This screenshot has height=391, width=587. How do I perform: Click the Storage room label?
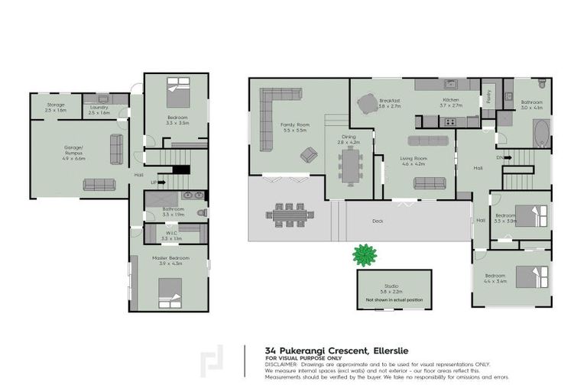(x=56, y=105)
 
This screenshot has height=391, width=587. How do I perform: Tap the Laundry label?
(x=99, y=108)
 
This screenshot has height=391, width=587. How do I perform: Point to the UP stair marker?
(x=154, y=183)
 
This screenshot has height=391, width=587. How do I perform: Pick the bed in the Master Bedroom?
(x=170, y=290)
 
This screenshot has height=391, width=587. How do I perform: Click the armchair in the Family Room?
(x=309, y=156)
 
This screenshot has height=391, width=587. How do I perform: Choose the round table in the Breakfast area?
(x=368, y=102)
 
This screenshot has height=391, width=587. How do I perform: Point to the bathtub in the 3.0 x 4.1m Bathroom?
(x=540, y=135)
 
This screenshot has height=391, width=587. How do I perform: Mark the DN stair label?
(x=500, y=157)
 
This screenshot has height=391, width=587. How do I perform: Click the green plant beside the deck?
(x=365, y=254)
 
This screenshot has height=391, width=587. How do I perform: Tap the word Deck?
(x=377, y=221)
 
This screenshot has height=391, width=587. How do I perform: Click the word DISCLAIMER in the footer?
(x=284, y=364)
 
